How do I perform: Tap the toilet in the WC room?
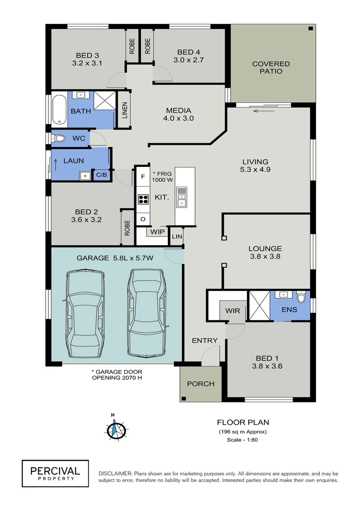[59, 139]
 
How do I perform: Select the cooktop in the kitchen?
[143, 199]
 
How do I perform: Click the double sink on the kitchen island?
[181, 197]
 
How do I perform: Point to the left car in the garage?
[86, 314]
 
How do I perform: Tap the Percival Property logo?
[55, 473]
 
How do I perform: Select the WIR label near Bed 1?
[233, 311]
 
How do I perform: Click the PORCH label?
[201, 384]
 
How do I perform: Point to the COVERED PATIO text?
[271, 67]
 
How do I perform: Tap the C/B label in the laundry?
[101, 174]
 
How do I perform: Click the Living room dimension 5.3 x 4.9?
[255, 170]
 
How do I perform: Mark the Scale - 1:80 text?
[243, 440]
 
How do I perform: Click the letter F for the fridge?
[143, 177]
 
